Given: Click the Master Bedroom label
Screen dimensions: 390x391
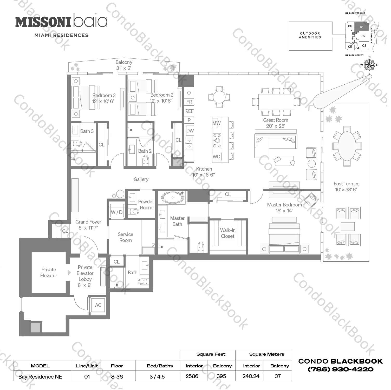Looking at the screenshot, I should [x=284, y=205].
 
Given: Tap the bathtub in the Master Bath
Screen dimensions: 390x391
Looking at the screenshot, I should [x=173, y=198].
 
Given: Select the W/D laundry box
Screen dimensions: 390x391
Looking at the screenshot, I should [x=117, y=212].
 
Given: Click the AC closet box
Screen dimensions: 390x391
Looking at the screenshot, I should [x=98, y=305].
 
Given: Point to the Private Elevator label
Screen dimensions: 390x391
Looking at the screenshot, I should [x=49, y=273].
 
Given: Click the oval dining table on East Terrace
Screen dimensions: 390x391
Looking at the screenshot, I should [x=347, y=146].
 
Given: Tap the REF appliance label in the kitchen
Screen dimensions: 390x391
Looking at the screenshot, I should [x=189, y=111].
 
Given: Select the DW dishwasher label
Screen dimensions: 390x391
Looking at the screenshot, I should [x=190, y=131].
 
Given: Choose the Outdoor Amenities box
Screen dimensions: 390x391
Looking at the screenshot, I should [x=310, y=36].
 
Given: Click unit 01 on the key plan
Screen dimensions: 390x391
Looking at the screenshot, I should [x=362, y=27].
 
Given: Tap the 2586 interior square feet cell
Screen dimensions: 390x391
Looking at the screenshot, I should [x=192, y=376].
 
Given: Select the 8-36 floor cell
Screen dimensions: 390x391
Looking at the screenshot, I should [x=117, y=376].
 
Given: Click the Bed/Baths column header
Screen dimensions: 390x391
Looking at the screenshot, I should [x=160, y=366].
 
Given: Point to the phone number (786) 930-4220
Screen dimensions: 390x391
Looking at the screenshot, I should [x=341, y=369].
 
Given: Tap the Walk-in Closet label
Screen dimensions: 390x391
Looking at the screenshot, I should [x=227, y=233].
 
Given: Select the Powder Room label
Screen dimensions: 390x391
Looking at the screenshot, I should [x=146, y=205].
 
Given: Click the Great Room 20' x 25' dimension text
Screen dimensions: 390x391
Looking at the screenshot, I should [x=276, y=126].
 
